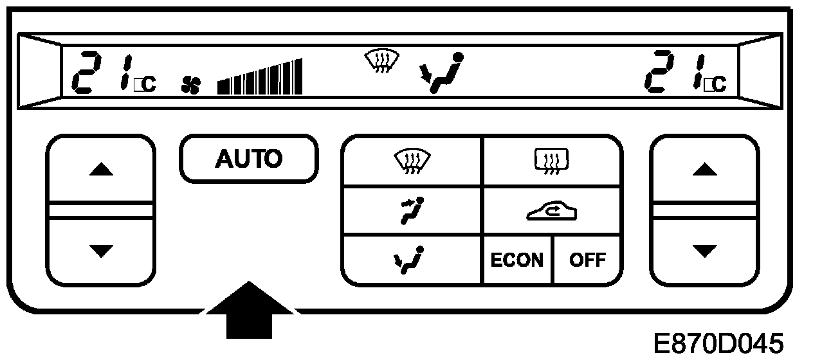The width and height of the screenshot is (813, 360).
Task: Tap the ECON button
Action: pos(516,260)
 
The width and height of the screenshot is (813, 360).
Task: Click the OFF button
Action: pos(587,260)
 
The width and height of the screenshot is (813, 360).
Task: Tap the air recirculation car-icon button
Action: pos(551,212)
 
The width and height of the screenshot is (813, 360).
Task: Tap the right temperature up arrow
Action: pos(704,170)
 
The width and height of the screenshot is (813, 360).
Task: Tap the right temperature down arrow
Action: pos(704,249)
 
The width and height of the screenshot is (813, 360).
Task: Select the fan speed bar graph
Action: pos(260,77)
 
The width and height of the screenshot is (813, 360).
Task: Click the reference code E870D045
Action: pos(718,343)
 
